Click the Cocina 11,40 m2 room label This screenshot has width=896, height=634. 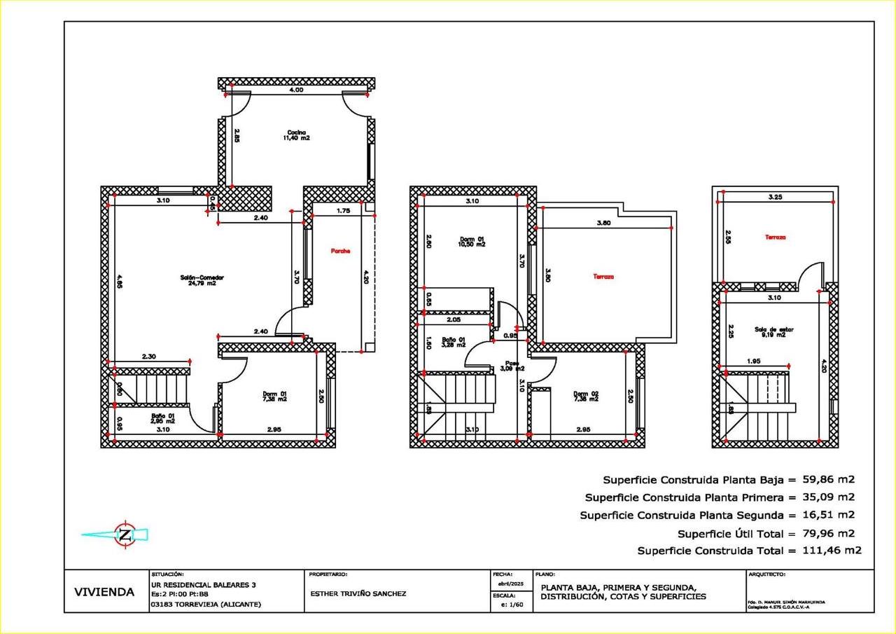tap(297, 135)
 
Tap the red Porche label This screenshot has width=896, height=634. tap(341, 251)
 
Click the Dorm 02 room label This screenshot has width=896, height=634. tap(585, 396)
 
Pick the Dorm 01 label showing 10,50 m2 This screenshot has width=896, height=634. tap(472, 242)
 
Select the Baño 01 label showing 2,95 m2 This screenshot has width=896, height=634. tap(163, 418)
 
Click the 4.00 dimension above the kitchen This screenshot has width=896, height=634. tap(297, 90)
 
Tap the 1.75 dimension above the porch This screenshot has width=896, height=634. tap(343, 210)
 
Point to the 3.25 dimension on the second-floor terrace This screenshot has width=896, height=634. tap(775, 198)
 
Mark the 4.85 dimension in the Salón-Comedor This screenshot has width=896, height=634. tap(120, 285)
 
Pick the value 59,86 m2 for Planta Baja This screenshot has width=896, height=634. tap(828, 480)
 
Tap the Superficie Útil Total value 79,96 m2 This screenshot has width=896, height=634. tap(828, 533)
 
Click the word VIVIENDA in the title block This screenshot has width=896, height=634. tap(104, 592)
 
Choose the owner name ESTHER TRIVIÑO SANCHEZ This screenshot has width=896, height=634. tap(358, 593)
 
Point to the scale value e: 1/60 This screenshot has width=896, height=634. tap(512, 605)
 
